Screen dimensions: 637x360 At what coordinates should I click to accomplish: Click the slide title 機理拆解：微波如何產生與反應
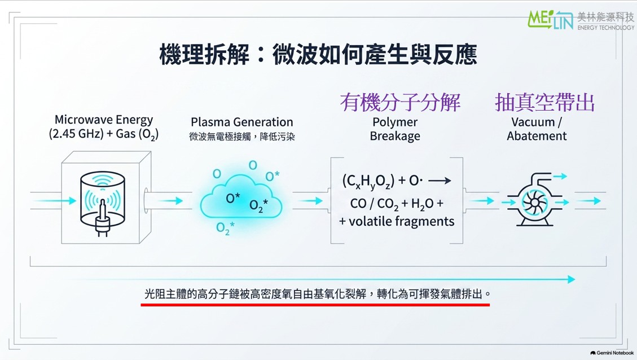click(x=318, y=54)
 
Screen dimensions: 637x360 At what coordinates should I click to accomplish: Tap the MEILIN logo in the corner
click(x=581, y=20)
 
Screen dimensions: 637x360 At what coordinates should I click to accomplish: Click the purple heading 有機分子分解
click(x=400, y=102)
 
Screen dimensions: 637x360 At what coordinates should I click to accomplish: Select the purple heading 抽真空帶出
click(x=545, y=102)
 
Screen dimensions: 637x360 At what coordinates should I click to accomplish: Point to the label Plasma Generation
click(x=241, y=122)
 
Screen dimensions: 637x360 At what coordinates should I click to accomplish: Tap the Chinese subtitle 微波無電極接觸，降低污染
click(x=241, y=137)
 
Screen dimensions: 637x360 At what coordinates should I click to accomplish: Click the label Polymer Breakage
click(x=395, y=129)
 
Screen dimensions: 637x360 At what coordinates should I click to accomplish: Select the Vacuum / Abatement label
click(x=537, y=129)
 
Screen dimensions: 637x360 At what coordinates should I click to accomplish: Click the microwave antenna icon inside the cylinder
click(x=102, y=216)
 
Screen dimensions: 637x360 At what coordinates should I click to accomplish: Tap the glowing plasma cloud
click(x=241, y=196)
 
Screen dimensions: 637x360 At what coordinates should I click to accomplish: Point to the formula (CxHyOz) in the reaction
click(x=368, y=181)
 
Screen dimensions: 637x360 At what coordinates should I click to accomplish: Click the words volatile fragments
click(x=401, y=221)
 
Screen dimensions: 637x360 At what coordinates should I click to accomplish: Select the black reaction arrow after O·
click(x=440, y=181)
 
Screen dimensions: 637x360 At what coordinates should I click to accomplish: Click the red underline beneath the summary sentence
click(x=315, y=304)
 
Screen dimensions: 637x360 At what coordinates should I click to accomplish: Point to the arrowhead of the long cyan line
click(x=571, y=279)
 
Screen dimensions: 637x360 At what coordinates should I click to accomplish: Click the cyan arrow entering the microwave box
click(x=54, y=200)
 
